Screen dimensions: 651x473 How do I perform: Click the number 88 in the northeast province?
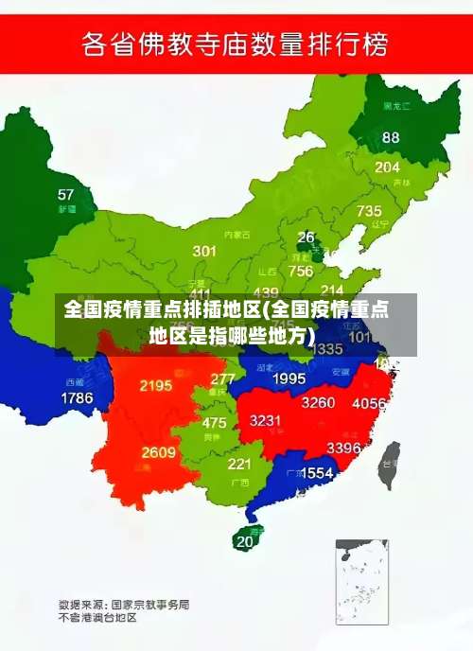pyautogui.click(x=391, y=137)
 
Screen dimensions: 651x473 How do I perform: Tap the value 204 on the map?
pyautogui.click(x=387, y=167)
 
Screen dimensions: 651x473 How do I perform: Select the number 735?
pyautogui.click(x=369, y=211)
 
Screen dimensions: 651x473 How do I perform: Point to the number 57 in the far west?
pyautogui.click(x=65, y=195)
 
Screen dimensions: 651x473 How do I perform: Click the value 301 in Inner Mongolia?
pyautogui.click(x=204, y=251)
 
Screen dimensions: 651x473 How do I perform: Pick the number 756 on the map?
pyautogui.click(x=301, y=271)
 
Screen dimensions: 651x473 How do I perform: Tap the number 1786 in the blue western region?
pyautogui.click(x=77, y=398)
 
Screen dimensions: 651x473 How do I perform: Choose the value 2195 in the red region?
pyautogui.click(x=155, y=385)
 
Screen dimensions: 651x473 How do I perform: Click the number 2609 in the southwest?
pyautogui.click(x=158, y=452)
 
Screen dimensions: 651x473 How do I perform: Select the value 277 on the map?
pyautogui.click(x=222, y=378)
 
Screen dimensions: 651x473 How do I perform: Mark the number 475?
pyautogui.click(x=214, y=423)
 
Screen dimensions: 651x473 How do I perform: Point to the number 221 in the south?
pyautogui.click(x=239, y=465)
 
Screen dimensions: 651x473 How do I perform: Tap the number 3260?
pyautogui.click(x=318, y=402)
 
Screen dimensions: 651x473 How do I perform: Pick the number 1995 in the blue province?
pyautogui.click(x=289, y=378)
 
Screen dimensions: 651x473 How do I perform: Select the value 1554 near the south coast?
pyautogui.click(x=316, y=473)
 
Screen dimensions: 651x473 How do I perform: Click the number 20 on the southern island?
pyautogui.click(x=245, y=541)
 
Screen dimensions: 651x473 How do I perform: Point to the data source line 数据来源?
pyautogui.click(x=123, y=603)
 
